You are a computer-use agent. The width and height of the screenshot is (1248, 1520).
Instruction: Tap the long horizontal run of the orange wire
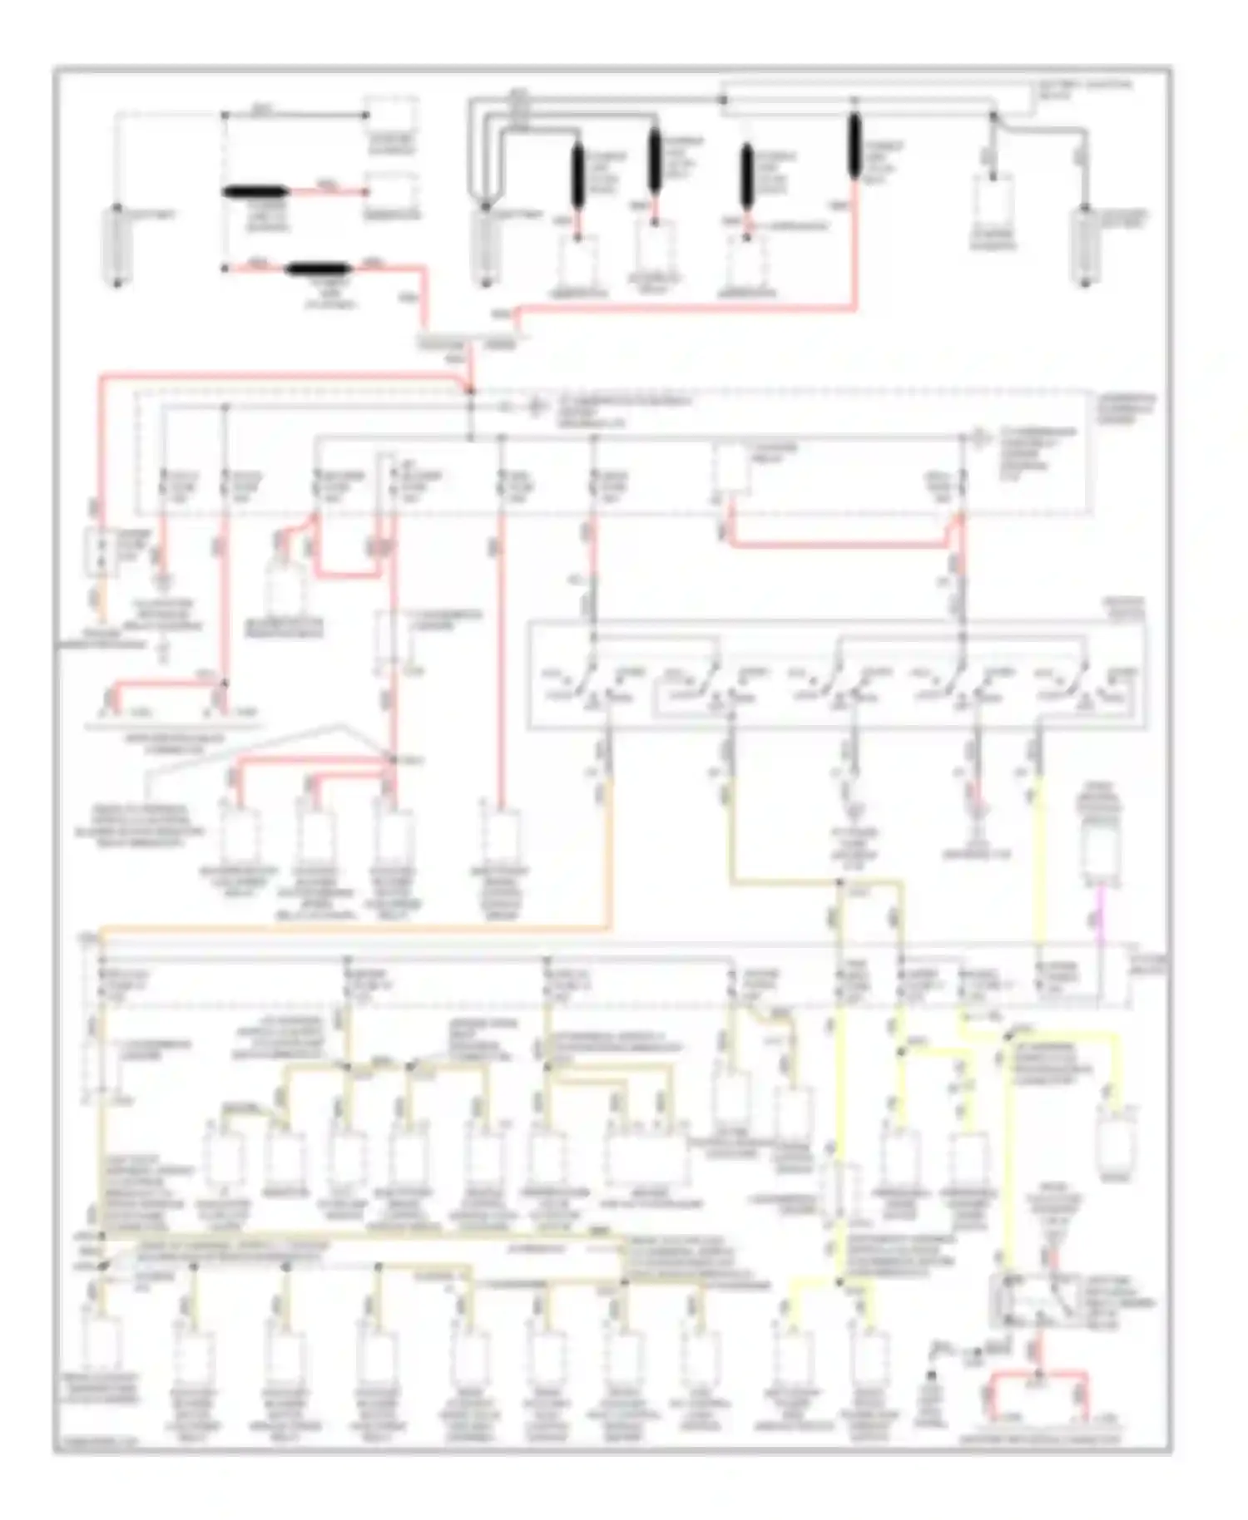pos(349,926)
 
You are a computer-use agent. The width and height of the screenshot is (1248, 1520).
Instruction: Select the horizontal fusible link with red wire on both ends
pos(319,269)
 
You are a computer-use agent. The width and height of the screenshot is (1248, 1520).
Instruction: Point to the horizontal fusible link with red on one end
pos(255,192)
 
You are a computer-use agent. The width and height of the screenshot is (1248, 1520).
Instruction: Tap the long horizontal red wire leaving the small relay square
pos(840,545)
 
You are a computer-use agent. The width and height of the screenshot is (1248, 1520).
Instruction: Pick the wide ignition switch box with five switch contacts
pos(836,675)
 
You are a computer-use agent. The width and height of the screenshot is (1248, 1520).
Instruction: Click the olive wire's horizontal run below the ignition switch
pos(786,881)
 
